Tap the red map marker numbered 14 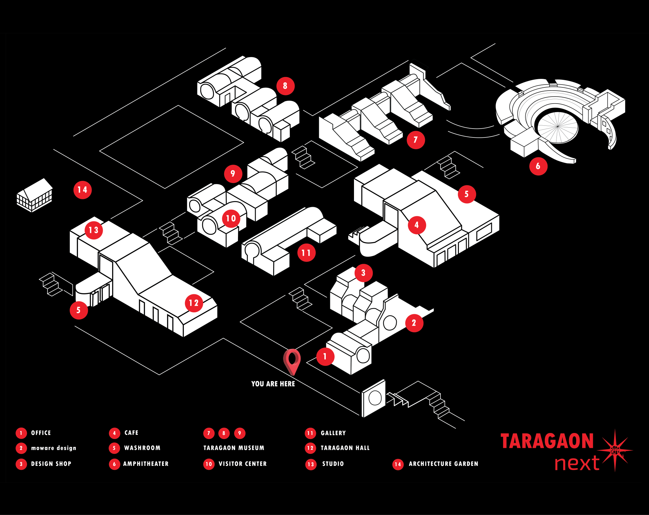pyautogui.click(x=82, y=190)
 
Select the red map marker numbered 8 pyautogui.click(x=285, y=86)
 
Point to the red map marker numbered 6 pyautogui.click(x=538, y=166)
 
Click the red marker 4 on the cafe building pyautogui.click(x=417, y=225)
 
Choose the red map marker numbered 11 pyautogui.click(x=306, y=253)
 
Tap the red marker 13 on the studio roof pyautogui.click(x=93, y=230)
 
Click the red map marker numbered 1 pyautogui.click(x=325, y=357)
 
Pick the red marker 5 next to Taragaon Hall pyautogui.click(x=79, y=310)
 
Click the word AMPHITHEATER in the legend pyautogui.click(x=146, y=464)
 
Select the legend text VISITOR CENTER pyautogui.click(x=242, y=464)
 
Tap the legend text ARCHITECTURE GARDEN pyautogui.click(x=443, y=464)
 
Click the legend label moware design pyautogui.click(x=54, y=448)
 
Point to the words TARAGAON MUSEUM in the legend pyautogui.click(x=234, y=448)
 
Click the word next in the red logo pyautogui.click(x=577, y=463)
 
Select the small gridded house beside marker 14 pyautogui.click(x=35, y=195)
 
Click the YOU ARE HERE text pyautogui.click(x=273, y=384)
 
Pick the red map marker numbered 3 pyautogui.click(x=363, y=273)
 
